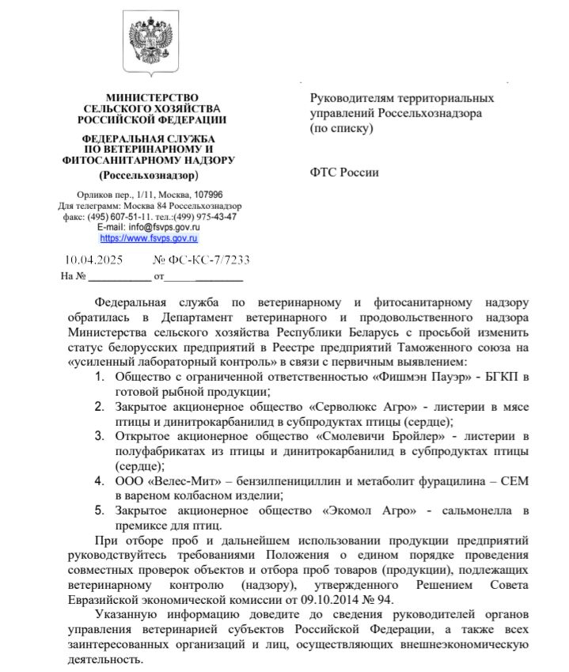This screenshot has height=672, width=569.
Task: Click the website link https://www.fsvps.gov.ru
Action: point(149,237)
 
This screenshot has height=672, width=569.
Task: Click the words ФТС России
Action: point(344,173)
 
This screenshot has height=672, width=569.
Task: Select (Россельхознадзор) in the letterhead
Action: point(149,174)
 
